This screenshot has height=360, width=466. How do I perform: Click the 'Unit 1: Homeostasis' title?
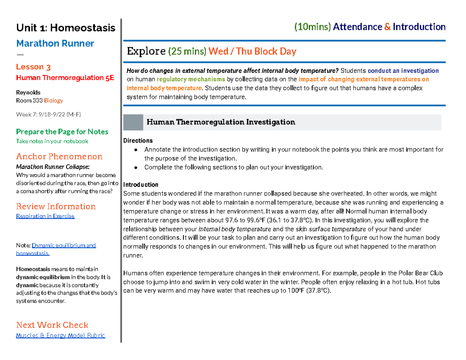tap(65, 28)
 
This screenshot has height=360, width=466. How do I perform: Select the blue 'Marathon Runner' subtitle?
tap(55, 43)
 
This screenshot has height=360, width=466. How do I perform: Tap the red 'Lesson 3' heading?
tap(33, 67)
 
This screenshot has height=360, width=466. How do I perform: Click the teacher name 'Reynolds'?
tap(28, 92)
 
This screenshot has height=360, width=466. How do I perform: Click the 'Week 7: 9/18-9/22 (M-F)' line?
tap(48, 114)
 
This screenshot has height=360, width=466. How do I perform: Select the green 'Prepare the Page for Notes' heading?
tap(62, 132)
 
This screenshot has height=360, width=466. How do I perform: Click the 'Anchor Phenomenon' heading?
tap(59, 157)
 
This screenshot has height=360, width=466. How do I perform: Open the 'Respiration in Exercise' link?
tap(45, 216)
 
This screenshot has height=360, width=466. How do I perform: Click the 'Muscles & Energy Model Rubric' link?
tap(60, 336)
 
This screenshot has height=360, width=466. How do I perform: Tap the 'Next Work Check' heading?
tap(52, 325)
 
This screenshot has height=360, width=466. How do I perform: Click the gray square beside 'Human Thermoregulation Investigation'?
tap(133, 122)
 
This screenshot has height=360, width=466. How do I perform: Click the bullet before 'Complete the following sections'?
tap(136, 168)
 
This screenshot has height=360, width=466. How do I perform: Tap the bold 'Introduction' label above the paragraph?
tap(140, 184)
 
